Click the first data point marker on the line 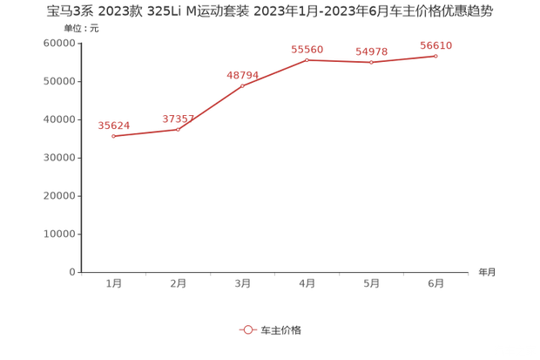[x=114, y=136]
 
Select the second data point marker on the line [x=179, y=130]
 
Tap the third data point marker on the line [x=243, y=86]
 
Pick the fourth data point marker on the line [x=307, y=58]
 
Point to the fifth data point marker [x=372, y=63]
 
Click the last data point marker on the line [x=435, y=55]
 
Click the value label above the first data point [x=114, y=125]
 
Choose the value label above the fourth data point [x=307, y=48]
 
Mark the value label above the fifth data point [x=372, y=51]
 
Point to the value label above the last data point [x=436, y=44]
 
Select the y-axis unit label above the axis [x=80, y=28]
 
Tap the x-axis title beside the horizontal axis [x=485, y=272]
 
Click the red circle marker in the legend [x=247, y=330]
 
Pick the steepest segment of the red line [x=211, y=108]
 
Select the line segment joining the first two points [x=146, y=132]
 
